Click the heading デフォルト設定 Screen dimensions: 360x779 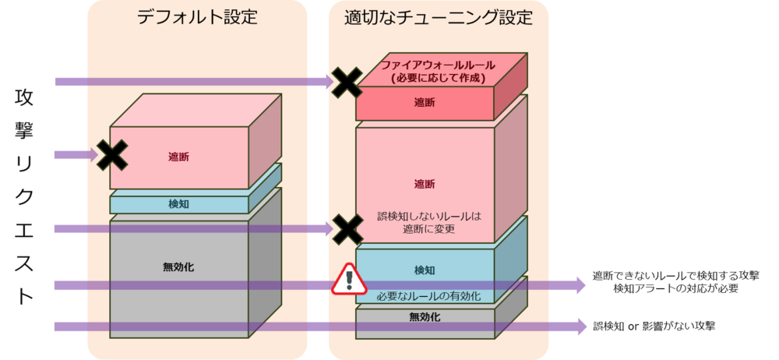click(x=196, y=17)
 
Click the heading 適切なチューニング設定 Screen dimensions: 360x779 click(x=439, y=17)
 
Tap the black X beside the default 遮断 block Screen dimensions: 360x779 click(x=111, y=155)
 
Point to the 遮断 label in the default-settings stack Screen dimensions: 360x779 click(x=178, y=157)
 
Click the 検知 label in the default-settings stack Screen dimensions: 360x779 click(x=178, y=204)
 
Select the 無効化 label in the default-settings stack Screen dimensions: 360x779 click(x=178, y=267)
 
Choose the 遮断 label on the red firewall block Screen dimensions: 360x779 click(x=425, y=102)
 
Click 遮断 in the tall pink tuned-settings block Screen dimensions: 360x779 click(x=425, y=184)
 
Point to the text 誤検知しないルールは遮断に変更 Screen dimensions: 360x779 click(x=425, y=223)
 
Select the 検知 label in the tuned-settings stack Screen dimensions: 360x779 click(x=425, y=270)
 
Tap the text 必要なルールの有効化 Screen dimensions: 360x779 click(x=425, y=296)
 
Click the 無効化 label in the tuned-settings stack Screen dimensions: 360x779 click(x=425, y=317)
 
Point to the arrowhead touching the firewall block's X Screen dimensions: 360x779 click(x=328, y=82)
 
